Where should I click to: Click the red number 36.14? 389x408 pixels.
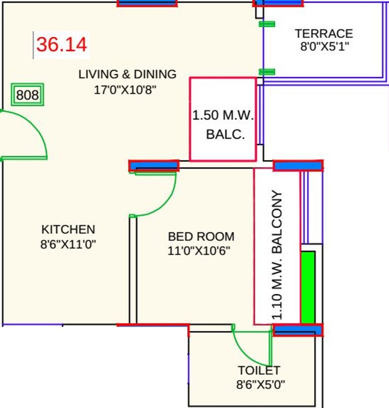click(61, 45)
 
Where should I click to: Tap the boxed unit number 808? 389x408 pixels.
click(28, 95)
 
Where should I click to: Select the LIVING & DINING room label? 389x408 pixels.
click(127, 74)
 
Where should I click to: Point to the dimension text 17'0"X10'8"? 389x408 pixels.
click(125, 90)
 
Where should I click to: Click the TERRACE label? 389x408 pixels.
click(324, 33)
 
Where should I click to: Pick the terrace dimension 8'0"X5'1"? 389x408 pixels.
click(324, 46)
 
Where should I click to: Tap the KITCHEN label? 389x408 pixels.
click(68, 229)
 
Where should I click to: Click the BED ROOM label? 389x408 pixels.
click(201, 236)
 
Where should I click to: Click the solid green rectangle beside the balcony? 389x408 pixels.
click(308, 287)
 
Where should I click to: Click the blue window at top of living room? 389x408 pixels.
click(147, 3)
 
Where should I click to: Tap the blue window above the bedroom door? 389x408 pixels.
click(154, 166)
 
